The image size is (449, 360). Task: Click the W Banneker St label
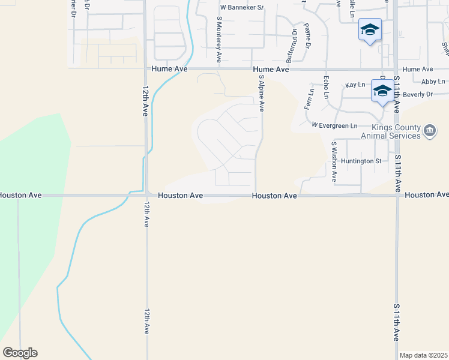(x=242, y=8)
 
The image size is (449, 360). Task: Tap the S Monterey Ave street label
(x=219, y=39)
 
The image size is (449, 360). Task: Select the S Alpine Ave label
(x=261, y=93)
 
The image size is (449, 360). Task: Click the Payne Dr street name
(x=307, y=36)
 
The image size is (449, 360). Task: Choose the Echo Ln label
(x=326, y=88)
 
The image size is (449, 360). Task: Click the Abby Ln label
(x=433, y=82)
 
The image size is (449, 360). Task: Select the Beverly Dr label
(x=418, y=95)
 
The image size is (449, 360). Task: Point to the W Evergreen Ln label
(x=334, y=125)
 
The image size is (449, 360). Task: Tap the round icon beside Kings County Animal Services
(x=429, y=131)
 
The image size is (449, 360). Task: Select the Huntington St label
(x=361, y=161)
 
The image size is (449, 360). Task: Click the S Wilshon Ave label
(x=334, y=162)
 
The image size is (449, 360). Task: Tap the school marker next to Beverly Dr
(x=382, y=91)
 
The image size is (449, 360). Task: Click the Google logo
(x=20, y=353)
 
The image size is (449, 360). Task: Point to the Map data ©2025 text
(x=423, y=355)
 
